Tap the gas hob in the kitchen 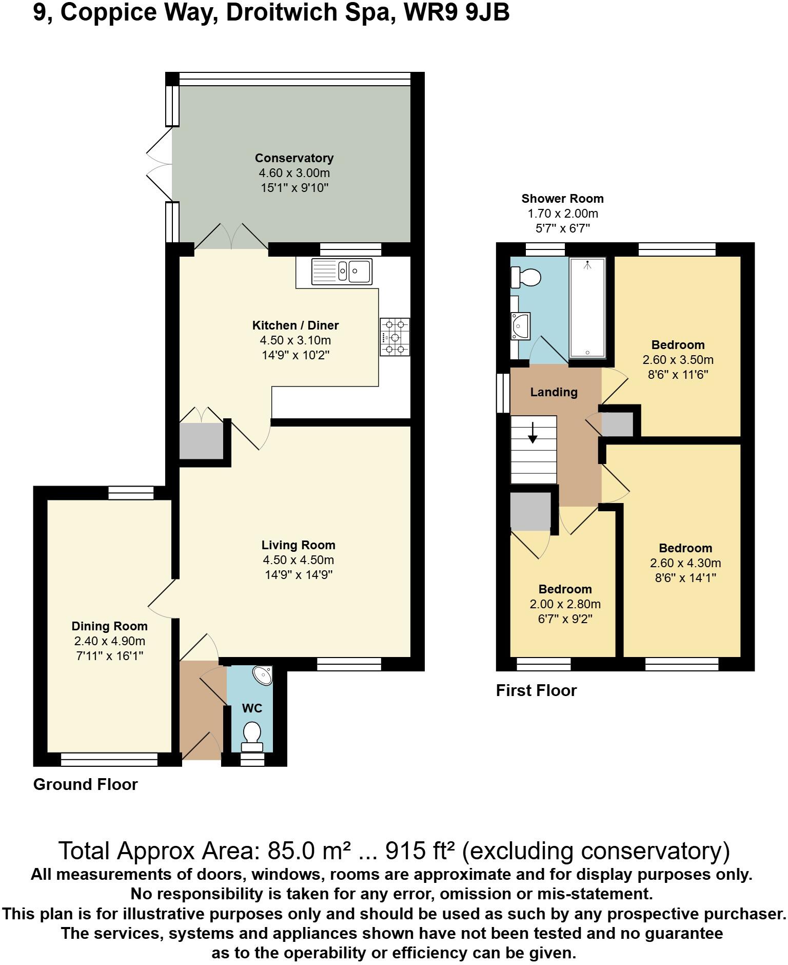[395, 337]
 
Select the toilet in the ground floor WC [251, 735]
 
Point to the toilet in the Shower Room [526, 278]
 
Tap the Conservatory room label [294, 158]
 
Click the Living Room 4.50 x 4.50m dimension [298, 560]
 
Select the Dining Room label [109, 626]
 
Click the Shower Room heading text [562, 199]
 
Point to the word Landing [554, 392]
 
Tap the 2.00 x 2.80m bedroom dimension [565, 604]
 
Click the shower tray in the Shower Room [587, 308]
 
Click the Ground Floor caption [86, 784]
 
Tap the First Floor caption [536, 690]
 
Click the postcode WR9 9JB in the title [457, 12]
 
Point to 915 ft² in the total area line [420, 851]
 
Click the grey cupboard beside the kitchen [201, 441]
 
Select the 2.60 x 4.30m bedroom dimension [685, 563]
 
